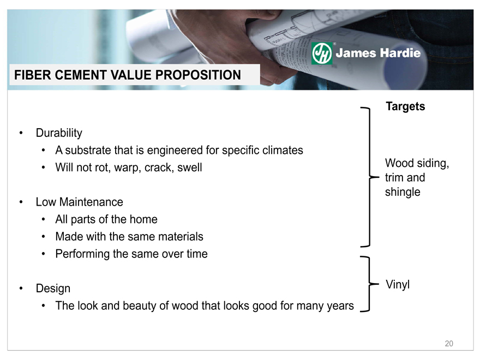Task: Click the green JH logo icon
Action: point(321,53)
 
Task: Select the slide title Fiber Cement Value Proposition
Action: point(128,75)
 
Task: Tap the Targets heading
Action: point(405,106)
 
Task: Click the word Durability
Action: point(59,133)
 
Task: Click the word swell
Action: point(189,167)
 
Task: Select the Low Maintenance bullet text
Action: point(79,202)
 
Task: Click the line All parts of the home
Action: point(106,219)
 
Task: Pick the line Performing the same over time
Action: point(131,254)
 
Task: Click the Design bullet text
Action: point(53,289)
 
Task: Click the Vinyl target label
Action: point(398,285)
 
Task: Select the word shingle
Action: point(403,192)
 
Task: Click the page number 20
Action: point(449,344)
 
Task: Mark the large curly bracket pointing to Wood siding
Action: point(370,177)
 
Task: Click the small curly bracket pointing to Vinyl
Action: point(370,284)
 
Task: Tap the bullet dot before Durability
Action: point(21,133)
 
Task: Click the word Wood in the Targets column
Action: point(398,163)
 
